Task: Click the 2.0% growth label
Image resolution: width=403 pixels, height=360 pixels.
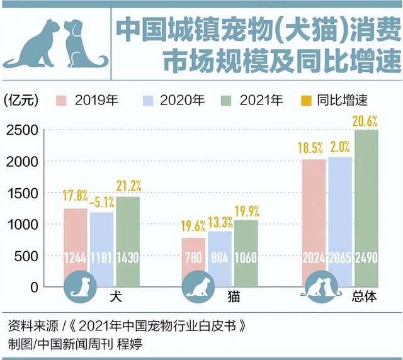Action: pos(340,148)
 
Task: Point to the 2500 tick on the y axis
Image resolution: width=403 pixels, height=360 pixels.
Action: pos(23,130)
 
